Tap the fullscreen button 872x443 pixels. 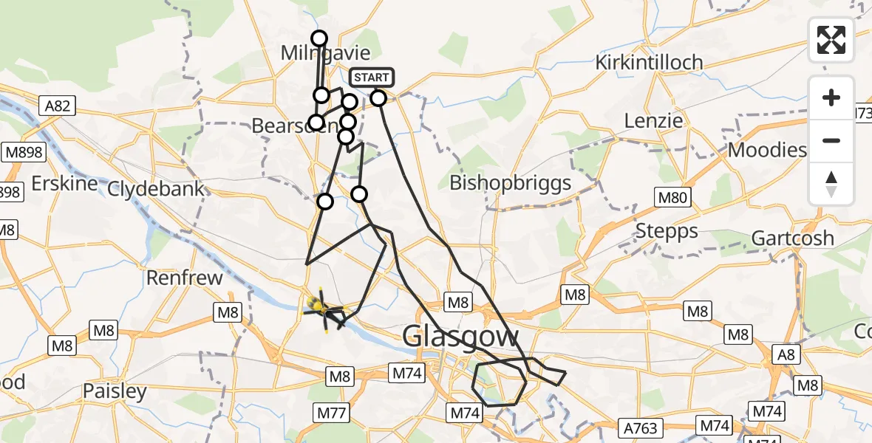tap(831, 40)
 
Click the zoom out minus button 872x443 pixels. tap(831, 140)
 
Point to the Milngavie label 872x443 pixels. tap(325, 53)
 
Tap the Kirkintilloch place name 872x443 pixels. tap(650, 62)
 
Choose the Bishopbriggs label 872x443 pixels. tap(510, 182)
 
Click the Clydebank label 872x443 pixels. tap(155, 188)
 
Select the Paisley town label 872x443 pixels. tap(115, 391)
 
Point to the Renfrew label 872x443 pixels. tap(185, 278)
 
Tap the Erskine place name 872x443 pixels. tap(65, 183)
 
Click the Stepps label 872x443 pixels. tap(666, 231)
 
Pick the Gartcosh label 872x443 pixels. tap(792, 238)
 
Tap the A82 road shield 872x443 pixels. tap(57, 106)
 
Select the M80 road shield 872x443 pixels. tap(672, 197)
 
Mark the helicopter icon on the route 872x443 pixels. tap(321, 306)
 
